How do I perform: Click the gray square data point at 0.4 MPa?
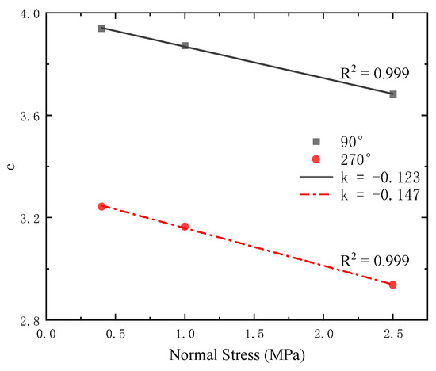pyautogui.click(x=101, y=28)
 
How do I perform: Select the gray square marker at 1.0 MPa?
pyautogui.click(x=185, y=46)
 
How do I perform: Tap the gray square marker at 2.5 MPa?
pyautogui.click(x=393, y=94)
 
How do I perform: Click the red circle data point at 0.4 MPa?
pyautogui.click(x=101, y=206)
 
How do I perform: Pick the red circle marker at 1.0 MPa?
pyautogui.click(x=185, y=227)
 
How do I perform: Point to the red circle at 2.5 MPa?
pyautogui.click(x=393, y=285)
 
